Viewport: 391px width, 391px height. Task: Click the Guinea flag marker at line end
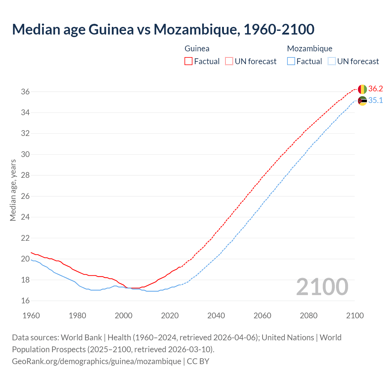point(362,89)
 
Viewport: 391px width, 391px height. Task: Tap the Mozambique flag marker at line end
point(362,101)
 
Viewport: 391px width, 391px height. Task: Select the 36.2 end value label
point(375,89)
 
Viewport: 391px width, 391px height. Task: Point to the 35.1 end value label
point(375,100)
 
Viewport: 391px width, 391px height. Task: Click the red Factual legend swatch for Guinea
point(188,61)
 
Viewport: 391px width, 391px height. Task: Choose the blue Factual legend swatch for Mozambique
point(291,61)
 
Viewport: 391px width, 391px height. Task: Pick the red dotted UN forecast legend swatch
point(229,61)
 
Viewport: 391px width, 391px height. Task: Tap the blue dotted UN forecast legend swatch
point(332,61)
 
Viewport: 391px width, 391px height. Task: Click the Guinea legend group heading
point(197,49)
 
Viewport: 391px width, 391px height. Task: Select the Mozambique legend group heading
point(309,49)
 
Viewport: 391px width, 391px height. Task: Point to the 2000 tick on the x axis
point(123,316)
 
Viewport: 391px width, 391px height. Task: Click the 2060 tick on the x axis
point(262,316)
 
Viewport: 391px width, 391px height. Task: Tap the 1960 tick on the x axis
point(31,316)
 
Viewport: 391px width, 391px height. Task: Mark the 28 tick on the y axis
point(25,175)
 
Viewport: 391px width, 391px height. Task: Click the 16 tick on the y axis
point(25,301)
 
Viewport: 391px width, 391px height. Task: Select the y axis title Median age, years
point(13,190)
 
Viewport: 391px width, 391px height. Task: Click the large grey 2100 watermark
point(322,287)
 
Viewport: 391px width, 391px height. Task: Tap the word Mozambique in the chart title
point(195,29)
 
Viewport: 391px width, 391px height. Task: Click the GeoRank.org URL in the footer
point(97,361)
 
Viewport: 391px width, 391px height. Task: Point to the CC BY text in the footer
point(198,361)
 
